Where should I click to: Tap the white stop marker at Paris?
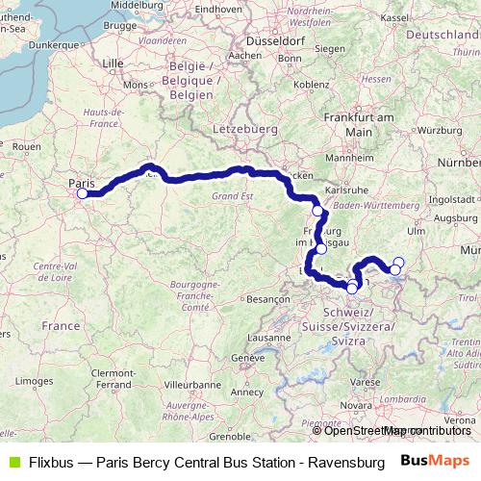click(82, 193)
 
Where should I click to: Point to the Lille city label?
click(114, 63)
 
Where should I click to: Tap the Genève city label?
click(246, 358)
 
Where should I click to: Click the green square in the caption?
click(13, 461)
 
